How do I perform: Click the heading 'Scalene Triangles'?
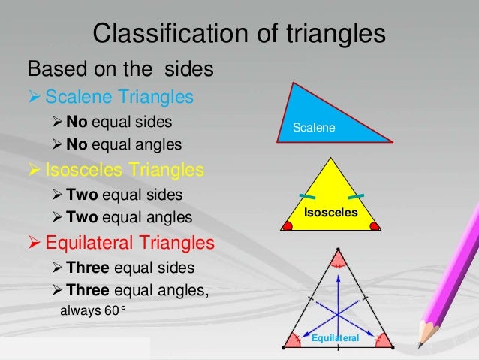tap(119, 97)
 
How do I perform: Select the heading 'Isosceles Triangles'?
tap(125, 170)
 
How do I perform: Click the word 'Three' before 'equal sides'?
tap(87, 268)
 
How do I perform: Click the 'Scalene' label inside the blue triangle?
tap(314, 129)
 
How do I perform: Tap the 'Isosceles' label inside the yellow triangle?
tap(331, 213)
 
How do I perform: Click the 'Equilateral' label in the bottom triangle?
tap(336, 339)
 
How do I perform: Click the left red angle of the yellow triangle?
tap(288, 225)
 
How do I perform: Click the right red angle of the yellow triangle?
tap(375, 225)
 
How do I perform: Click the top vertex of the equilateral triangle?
tap(338, 250)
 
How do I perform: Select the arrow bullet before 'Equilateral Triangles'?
tap(35, 244)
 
